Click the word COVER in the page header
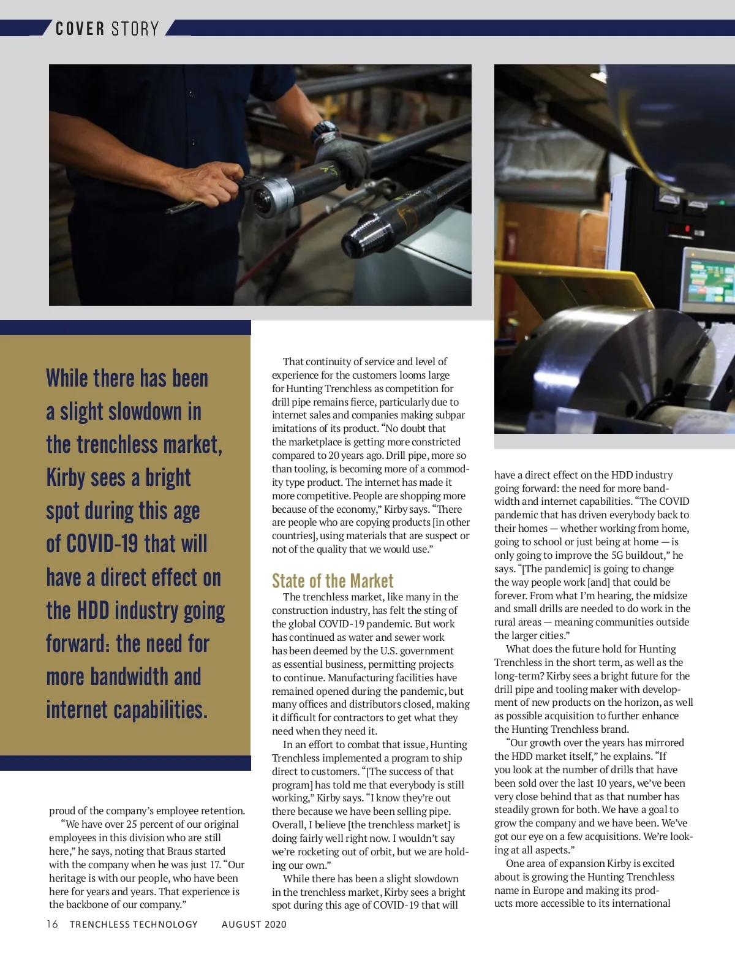coord(80,29)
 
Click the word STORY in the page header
coord(135,29)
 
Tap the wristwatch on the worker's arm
coord(325,132)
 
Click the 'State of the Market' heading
coord(333,580)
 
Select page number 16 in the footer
coord(53,924)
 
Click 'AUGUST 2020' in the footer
coord(254,924)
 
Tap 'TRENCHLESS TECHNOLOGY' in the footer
coord(134,924)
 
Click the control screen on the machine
coord(710,282)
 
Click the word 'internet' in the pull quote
coord(77,710)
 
